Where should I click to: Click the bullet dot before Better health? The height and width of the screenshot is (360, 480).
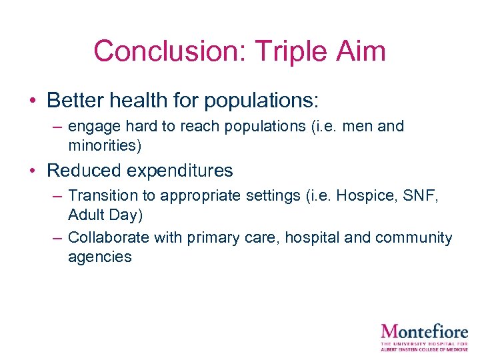(x=32, y=101)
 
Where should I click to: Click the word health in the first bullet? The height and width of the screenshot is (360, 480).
(x=139, y=101)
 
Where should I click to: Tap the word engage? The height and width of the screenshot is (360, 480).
(x=90, y=127)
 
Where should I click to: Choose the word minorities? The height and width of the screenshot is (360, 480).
(x=104, y=145)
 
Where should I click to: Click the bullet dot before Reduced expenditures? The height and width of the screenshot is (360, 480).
(x=32, y=171)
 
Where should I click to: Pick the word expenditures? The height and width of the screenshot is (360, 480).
(x=179, y=171)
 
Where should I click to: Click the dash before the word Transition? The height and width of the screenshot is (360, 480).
(x=56, y=197)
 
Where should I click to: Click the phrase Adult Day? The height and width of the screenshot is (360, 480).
(x=105, y=215)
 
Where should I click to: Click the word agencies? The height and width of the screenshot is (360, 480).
(x=99, y=257)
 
